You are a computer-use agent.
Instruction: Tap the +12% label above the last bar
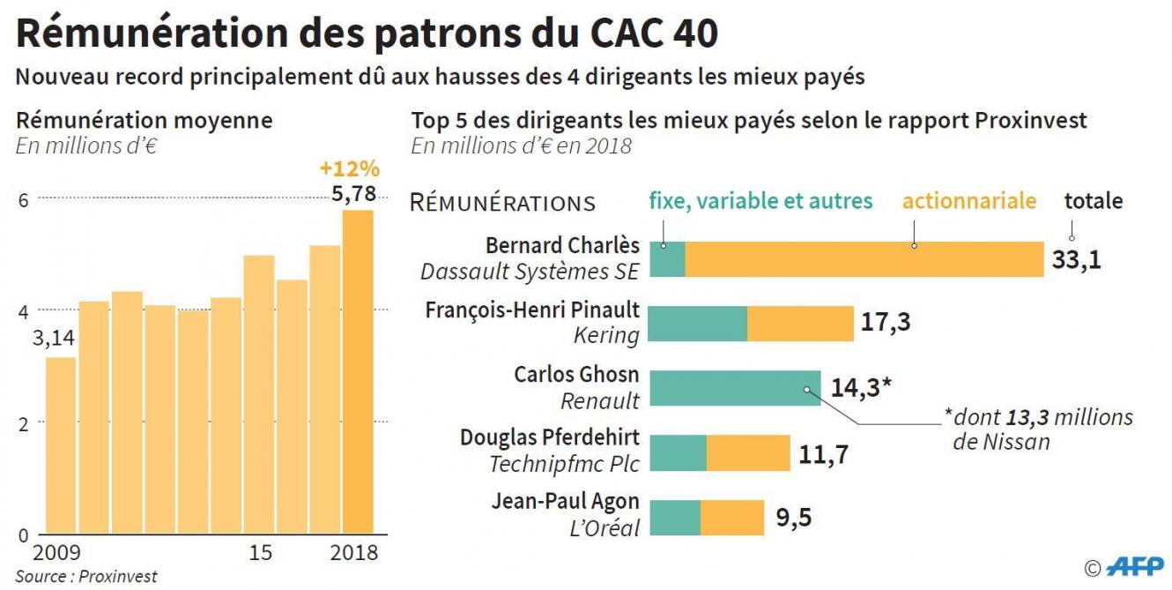click(x=350, y=168)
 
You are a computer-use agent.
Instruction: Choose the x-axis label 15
click(x=261, y=553)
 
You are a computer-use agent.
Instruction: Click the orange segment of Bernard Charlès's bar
click(x=864, y=259)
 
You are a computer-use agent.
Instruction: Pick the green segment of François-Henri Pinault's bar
click(x=698, y=324)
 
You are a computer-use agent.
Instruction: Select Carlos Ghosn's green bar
click(x=734, y=388)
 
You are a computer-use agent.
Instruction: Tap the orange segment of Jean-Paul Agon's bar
click(x=731, y=518)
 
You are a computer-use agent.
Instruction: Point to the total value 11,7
click(x=823, y=453)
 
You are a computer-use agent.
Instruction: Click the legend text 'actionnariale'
click(x=968, y=201)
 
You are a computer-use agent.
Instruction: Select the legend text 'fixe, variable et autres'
click(x=760, y=201)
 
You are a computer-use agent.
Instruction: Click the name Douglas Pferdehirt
click(x=550, y=438)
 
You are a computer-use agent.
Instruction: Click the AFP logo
click(x=1134, y=566)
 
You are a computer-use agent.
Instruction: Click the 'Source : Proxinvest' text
click(x=86, y=577)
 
